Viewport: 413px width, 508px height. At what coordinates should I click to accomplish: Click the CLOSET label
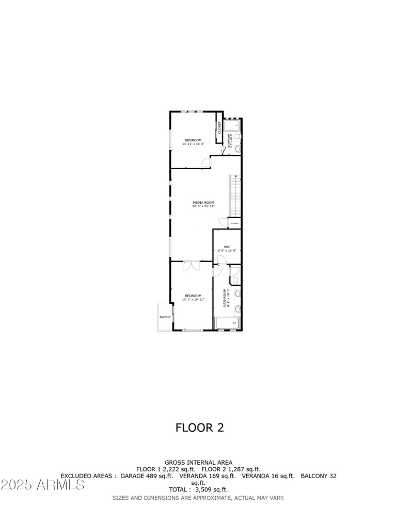click(219, 127)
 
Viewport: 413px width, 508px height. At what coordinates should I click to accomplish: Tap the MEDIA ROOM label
click(203, 202)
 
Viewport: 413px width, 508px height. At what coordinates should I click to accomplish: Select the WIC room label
click(227, 247)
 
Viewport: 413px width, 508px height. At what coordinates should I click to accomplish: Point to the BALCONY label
click(165, 317)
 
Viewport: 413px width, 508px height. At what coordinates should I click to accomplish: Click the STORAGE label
click(234, 223)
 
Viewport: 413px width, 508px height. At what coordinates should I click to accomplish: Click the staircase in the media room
click(235, 195)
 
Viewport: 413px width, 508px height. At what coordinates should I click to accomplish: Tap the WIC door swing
click(218, 258)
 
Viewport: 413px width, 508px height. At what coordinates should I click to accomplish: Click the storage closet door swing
click(223, 222)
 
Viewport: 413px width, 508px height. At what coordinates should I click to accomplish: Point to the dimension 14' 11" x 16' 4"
click(194, 144)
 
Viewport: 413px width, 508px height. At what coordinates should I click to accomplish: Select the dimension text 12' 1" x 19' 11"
click(194, 299)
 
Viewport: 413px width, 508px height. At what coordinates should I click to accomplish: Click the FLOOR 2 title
click(200, 428)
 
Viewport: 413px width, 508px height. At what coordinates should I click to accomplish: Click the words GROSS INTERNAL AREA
click(198, 462)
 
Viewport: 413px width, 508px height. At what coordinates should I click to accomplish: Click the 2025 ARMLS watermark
click(43, 485)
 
